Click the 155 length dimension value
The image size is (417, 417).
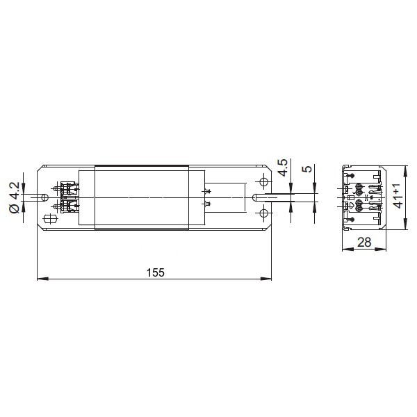[156, 272]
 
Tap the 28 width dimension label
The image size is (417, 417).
[364, 243]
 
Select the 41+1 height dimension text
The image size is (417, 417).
[398, 196]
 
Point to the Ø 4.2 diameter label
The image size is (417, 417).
[14, 197]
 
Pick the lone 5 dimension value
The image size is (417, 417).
[307, 169]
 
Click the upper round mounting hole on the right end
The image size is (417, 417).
[263, 182]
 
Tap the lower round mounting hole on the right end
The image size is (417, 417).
[263, 213]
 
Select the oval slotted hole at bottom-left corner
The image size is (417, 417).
[50, 220]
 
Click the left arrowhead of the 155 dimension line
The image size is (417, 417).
[42, 279]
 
